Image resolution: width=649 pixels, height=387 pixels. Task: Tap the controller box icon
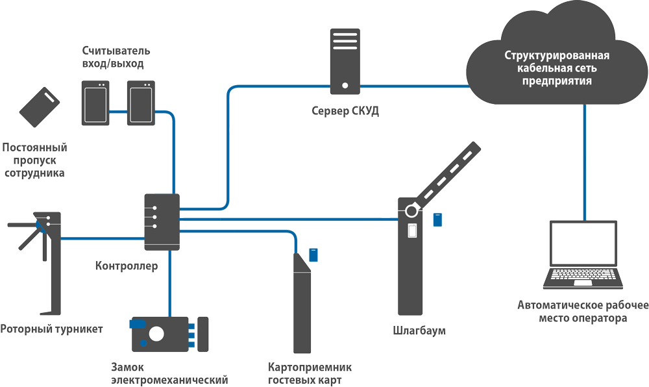pos(162,221)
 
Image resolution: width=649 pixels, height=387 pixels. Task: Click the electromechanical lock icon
pos(162,334)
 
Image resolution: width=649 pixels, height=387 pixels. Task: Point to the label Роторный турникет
pos(52,329)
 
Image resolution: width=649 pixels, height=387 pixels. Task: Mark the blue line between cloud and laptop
pos(583,162)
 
